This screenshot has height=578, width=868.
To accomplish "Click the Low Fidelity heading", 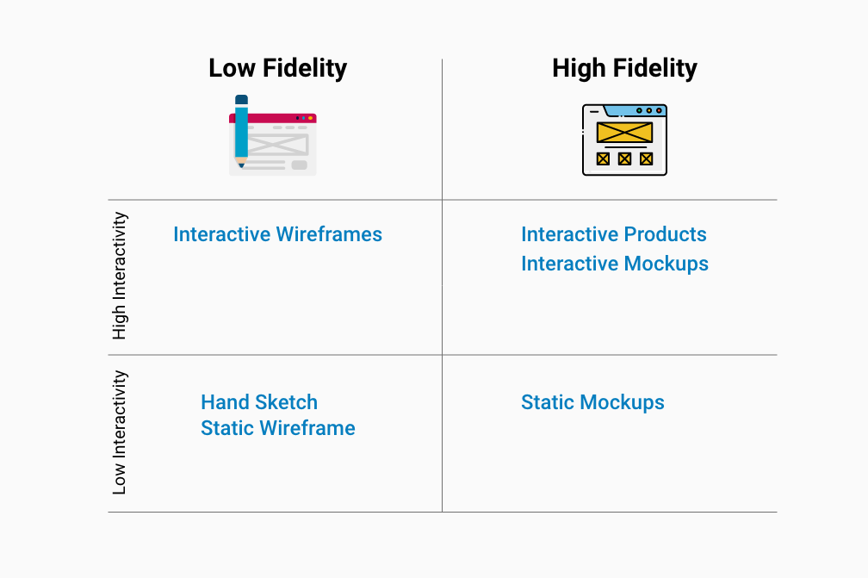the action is [277, 68].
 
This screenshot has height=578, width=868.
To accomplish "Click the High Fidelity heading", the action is [624, 69].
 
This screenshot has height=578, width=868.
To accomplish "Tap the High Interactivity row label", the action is [120, 276].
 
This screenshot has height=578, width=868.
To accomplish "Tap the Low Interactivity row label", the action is [120, 432].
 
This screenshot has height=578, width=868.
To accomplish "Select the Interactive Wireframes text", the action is [277, 234].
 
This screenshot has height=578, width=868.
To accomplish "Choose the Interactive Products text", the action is [613, 234].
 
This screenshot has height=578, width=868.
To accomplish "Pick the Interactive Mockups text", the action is [615, 264].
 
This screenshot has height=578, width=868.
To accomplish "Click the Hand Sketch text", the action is [259, 402].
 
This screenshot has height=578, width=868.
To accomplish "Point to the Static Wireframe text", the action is [278, 428].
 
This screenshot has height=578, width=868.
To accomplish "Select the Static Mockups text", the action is [592, 402].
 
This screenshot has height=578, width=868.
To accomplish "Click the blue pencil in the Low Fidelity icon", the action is [241, 131].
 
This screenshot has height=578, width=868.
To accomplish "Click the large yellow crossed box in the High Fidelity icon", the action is [624, 133].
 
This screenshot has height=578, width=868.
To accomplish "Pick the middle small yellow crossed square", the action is [624, 158].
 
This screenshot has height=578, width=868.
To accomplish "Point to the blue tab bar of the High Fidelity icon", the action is [635, 110].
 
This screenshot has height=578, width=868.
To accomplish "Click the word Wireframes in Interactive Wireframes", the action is [329, 234].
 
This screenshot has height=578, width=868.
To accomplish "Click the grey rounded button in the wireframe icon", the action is [299, 165].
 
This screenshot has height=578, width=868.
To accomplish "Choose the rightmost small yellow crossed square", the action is [646, 158].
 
